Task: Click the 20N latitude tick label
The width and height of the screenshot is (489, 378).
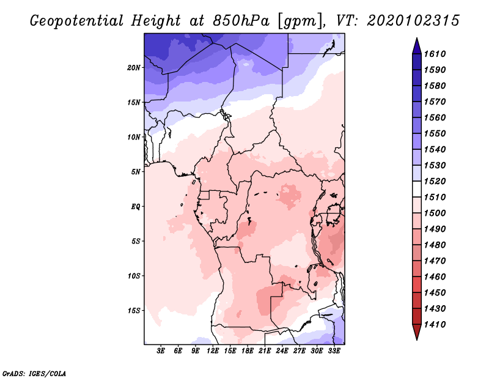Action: (x=134, y=67)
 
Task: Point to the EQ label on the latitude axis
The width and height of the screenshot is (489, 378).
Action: (x=135, y=206)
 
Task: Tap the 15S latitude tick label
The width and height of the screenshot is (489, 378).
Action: (x=134, y=310)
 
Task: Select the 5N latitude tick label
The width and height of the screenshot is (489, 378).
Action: (x=136, y=172)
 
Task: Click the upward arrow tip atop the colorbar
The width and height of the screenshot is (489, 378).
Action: (x=416, y=40)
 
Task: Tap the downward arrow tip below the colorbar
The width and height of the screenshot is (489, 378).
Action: (x=416, y=338)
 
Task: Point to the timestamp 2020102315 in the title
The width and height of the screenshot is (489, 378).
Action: (x=413, y=21)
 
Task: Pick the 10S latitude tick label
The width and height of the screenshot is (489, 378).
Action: (x=134, y=276)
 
